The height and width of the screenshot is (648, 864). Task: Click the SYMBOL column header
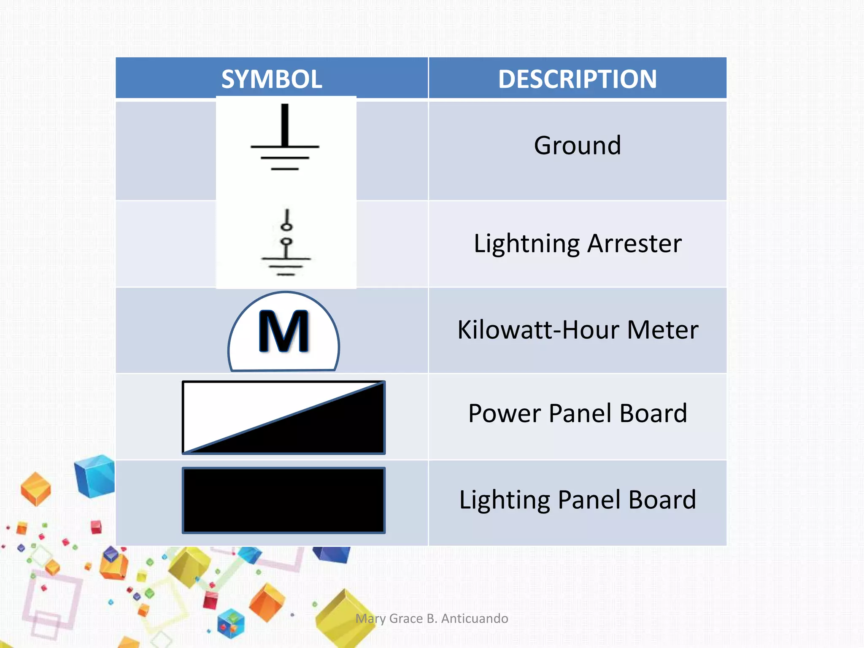[272, 79]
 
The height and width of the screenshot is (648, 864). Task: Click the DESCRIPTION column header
[577, 79]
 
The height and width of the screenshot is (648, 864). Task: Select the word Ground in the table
[577, 146]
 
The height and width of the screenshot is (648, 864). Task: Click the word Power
[505, 413]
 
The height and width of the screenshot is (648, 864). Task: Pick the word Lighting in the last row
[505, 500]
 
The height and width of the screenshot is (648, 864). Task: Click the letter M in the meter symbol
[284, 332]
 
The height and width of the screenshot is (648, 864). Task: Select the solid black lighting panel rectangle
[283, 500]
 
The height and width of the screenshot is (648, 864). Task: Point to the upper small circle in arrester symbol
[286, 227]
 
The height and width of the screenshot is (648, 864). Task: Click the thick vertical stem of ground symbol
[285, 124]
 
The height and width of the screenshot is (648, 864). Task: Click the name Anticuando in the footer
[475, 618]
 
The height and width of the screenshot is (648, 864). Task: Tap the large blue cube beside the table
[95, 476]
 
